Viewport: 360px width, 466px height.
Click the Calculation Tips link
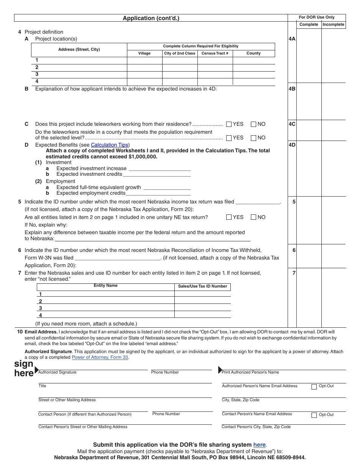tap(109, 145)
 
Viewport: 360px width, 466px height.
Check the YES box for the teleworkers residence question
tap(229, 124)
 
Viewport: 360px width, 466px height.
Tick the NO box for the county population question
tap(254, 138)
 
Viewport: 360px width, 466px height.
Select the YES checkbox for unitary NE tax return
tap(229, 217)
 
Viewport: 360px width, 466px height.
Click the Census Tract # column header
tap(215, 53)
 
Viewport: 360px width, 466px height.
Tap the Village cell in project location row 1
tap(144, 61)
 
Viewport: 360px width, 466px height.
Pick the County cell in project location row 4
tap(254, 81)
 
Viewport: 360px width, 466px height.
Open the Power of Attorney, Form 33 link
tap(100, 357)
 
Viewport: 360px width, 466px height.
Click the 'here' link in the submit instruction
tap(260, 445)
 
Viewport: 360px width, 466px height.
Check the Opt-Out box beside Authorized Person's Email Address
tap(314, 387)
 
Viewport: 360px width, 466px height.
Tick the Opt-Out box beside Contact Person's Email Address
tap(314, 415)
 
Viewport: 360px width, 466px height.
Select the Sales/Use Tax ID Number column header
tap(202, 286)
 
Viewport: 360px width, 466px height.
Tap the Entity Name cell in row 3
tap(106, 308)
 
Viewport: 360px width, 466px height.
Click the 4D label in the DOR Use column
tap(292, 145)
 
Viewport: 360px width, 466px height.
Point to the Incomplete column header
tap(333, 25)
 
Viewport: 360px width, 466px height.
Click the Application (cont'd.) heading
tap(151, 18)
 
